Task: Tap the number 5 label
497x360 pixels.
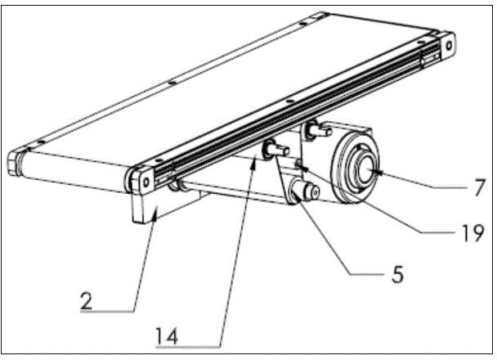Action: pyautogui.click(x=397, y=275)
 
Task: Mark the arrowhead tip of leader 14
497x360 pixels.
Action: pyautogui.click(x=256, y=161)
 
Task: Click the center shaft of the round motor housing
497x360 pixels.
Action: pyautogui.click(x=366, y=169)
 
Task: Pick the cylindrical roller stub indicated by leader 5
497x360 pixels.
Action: pyautogui.click(x=309, y=192)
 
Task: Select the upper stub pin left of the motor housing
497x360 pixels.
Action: pyautogui.click(x=315, y=128)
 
